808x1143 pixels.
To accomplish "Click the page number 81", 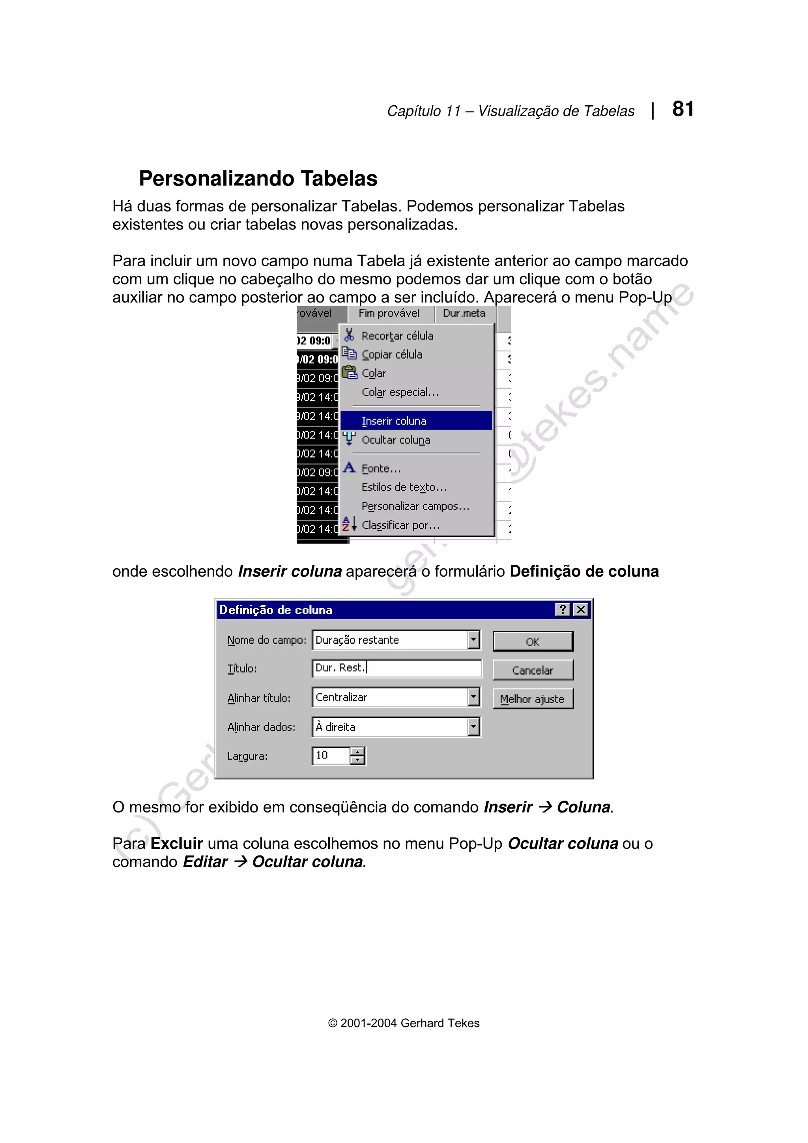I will (683, 109).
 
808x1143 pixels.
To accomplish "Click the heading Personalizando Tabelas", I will (258, 178).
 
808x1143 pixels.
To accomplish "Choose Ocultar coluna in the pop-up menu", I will (396, 440).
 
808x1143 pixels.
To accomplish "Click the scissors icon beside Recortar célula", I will (349, 334).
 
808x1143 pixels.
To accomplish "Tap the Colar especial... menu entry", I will (400, 392).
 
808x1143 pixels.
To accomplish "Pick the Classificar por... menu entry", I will (400, 525).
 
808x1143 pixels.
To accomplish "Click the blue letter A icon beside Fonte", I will (349, 467).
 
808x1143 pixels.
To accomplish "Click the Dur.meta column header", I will (464, 313).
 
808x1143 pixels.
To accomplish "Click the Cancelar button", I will (533, 670).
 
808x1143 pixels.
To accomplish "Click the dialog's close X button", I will (580, 609).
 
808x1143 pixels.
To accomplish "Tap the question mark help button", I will (563, 609).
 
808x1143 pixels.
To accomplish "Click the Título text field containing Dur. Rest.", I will (397, 668).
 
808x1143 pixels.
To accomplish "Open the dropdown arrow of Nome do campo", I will (473, 639).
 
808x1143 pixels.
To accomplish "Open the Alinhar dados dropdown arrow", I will (473, 727).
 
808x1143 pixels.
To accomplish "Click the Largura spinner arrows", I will (357, 755).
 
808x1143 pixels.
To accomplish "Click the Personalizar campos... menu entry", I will (415, 506).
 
